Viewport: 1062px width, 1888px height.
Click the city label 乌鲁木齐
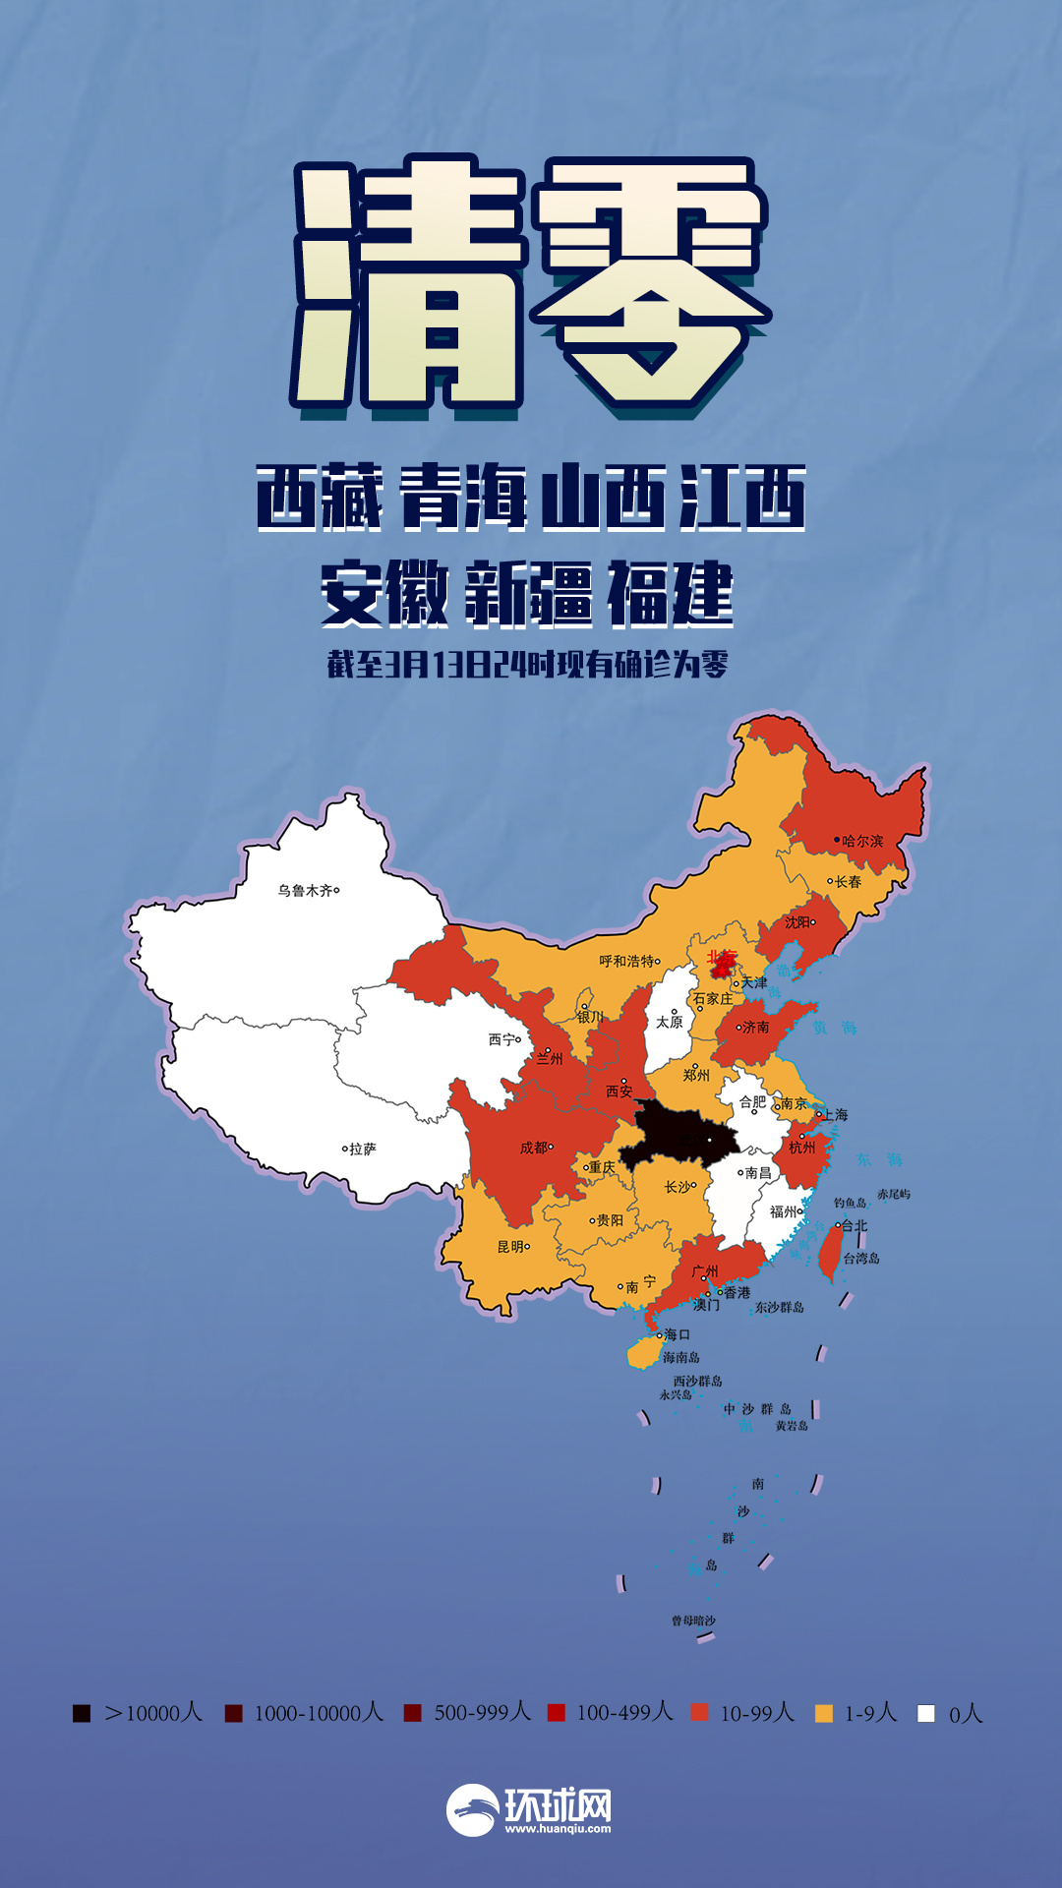click(305, 891)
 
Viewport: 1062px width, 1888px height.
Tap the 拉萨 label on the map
click(362, 1149)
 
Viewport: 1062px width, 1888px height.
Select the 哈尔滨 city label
click(862, 842)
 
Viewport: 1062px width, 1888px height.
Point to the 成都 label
click(534, 1148)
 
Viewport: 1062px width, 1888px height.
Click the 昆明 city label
click(511, 1247)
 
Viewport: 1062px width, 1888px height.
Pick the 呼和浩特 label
click(626, 961)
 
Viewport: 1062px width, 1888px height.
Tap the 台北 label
click(855, 1226)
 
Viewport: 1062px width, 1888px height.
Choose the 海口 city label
click(677, 1334)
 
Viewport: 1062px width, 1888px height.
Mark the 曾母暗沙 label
click(693, 1621)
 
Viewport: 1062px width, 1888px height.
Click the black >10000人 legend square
click(82, 1714)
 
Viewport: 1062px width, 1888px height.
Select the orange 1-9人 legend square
click(824, 1714)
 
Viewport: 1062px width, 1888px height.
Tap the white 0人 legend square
click(925, 1714)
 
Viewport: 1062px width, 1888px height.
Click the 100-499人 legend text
click(624, 1713)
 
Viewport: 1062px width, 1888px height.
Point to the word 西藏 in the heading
click(320, 498)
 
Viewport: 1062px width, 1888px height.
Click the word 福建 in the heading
click(670, 594)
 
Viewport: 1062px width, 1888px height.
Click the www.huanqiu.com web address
click(558, 1829)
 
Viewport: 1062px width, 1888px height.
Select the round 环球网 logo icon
click(472, 1810)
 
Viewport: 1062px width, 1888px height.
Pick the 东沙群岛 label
click(779, 1308)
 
